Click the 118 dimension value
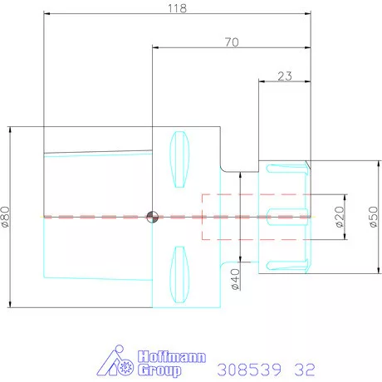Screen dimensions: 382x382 (x=177, y=8)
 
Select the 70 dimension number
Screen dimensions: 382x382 (x=232, y=42)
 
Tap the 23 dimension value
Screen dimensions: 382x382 (x=285, y=76)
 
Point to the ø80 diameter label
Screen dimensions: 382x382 (x=5, y=217)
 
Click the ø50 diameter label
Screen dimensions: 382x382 (x=374, y=217)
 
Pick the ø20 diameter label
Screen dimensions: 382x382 (x=340, y=217)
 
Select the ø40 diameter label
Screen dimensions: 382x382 (x=235, y=279)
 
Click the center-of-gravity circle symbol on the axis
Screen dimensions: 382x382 (x=152, y=217)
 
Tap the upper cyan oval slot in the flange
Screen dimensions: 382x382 (x=179, y=159)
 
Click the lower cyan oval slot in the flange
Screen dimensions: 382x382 (x=179, y=275)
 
